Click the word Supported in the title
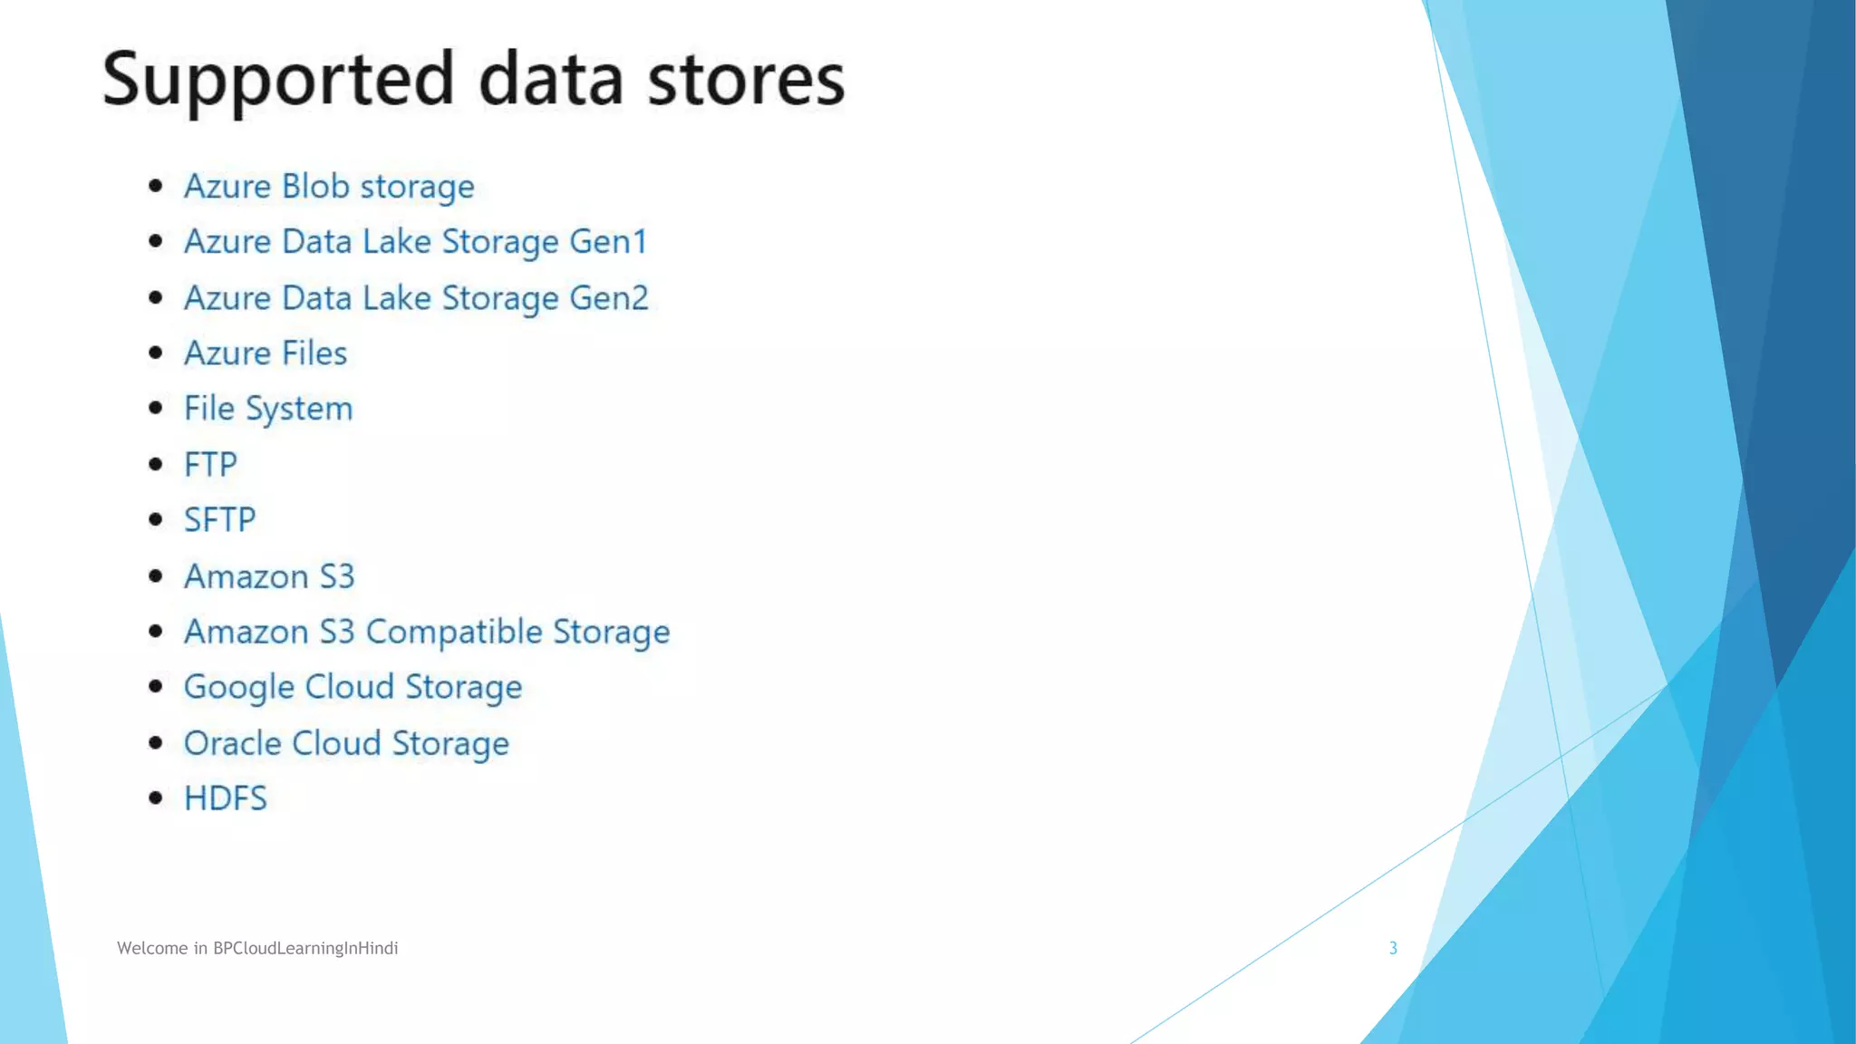(277, 80)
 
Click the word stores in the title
(746, 80)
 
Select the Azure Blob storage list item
(329, 187)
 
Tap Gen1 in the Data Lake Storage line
(608, 242)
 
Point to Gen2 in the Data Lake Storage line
(609, 298)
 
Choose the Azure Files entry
(266, 353)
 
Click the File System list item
(268, 409)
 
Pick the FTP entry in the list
(210, 465)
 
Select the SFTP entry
(220, 520)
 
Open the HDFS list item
(226, 798)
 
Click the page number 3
(1393, 948)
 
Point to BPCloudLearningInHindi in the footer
(305, 948)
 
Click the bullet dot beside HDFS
(156, 798)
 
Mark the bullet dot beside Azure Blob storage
(156, 186)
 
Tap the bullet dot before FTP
(156, 465)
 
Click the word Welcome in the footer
(152, 948)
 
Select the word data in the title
(551, 80)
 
